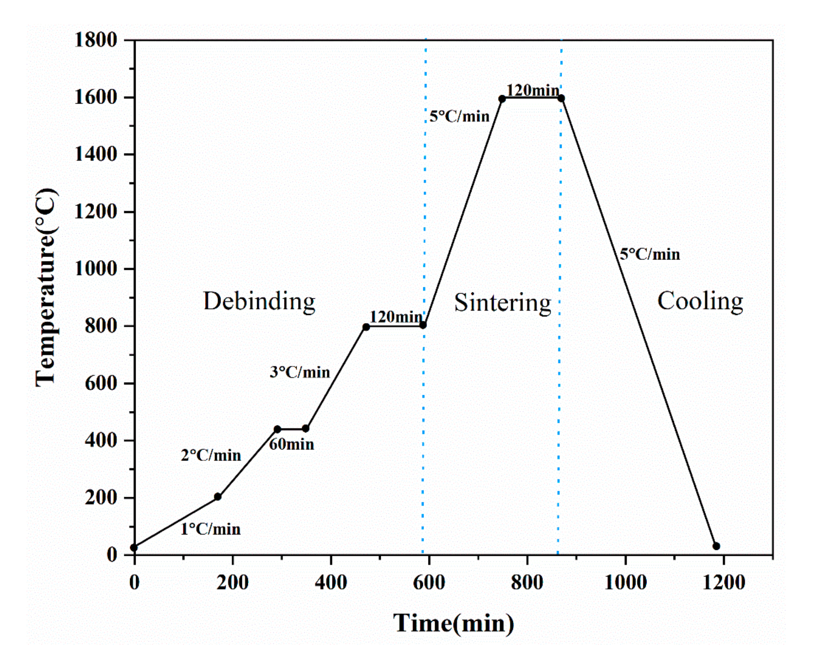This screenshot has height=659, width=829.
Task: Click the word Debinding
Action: point(259,302)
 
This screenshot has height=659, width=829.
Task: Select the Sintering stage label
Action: point(503,303)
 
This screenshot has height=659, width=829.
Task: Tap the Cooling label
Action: point(700,301)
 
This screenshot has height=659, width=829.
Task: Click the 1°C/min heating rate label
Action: point(211,529)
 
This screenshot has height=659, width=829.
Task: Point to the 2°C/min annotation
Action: point(211,455)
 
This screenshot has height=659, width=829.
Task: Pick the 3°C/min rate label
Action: point(300,372)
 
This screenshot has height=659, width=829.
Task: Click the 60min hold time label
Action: point(292,444)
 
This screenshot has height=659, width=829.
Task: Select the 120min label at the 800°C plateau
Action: point(396,317)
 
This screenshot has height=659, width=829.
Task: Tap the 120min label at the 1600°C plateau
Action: point(532,90)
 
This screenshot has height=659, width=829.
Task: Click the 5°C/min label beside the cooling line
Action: point(650,254)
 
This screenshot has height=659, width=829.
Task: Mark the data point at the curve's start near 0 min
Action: point(134,548)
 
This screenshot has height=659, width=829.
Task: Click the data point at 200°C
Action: point(218,497)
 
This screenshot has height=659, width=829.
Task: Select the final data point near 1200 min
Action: point(716,546)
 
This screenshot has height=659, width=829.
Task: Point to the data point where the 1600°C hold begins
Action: point(502,99)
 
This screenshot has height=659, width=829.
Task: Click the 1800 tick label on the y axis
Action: point(96,40)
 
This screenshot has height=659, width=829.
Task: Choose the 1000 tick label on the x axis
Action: point(626,582)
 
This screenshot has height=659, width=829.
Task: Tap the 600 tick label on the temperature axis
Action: point(101,383)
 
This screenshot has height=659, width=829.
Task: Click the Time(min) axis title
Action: point(453,623)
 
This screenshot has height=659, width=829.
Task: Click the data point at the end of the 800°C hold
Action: point(423,325)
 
